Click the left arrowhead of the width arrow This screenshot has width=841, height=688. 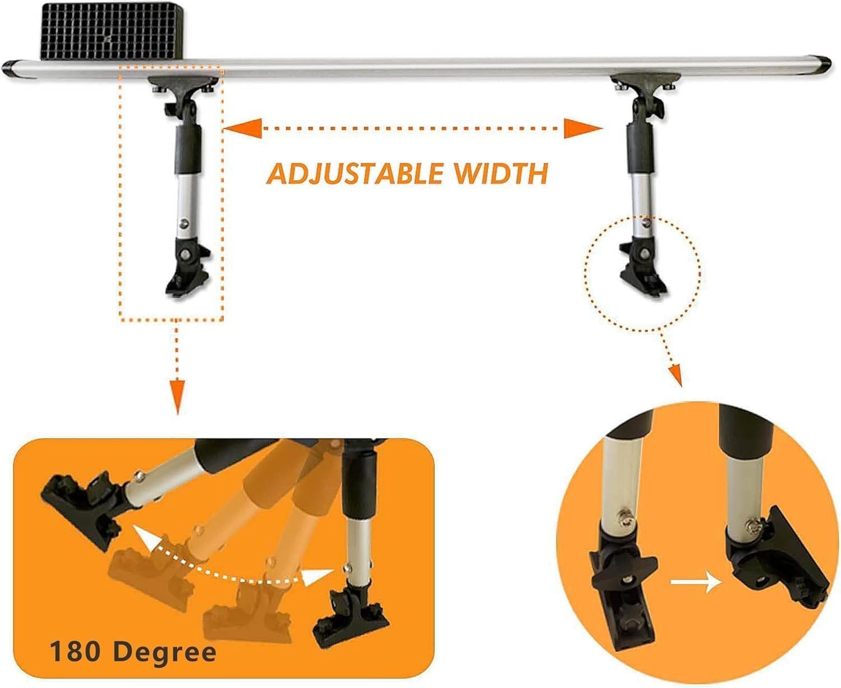(242, 129)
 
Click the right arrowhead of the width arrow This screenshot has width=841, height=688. (582, 129)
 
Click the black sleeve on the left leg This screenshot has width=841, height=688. (187, 148)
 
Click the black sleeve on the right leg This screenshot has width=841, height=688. (640, 147)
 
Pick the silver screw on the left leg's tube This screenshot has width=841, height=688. (184, 223)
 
